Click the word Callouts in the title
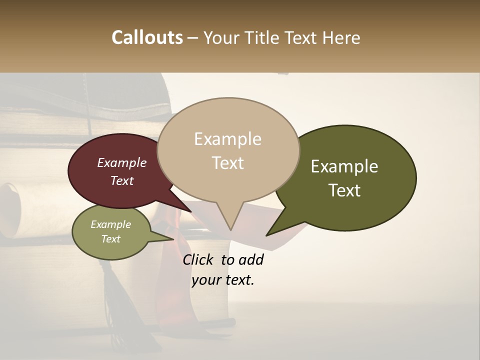pyautogui.click(x=147, y=37)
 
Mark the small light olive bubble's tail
pyautogui.click(x=170, y=239)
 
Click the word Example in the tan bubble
pyautogui.click(x=227, y=139)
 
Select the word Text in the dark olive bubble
pyautogui.click(x=344, y=190)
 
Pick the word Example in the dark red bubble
pyautogui.click(x=122, y=162)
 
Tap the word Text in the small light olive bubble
pyautogui.click(x=111, y=239)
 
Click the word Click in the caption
pyautogui.click(x=199, y=259)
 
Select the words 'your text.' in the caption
pyautogui.click(x=223, y=280)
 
